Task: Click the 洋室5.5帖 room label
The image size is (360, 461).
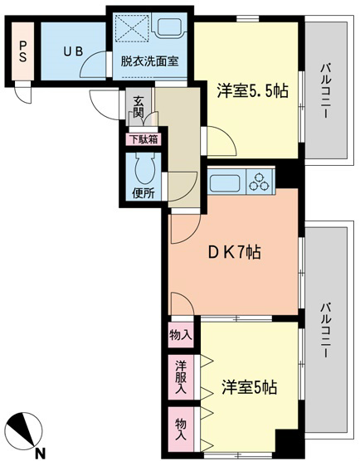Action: point(253,91)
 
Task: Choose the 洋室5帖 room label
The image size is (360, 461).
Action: point(249,387)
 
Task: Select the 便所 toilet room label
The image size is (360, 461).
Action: point(143,193)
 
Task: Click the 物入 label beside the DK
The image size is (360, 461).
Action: point(181,334)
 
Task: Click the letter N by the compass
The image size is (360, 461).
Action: point(39,453)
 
